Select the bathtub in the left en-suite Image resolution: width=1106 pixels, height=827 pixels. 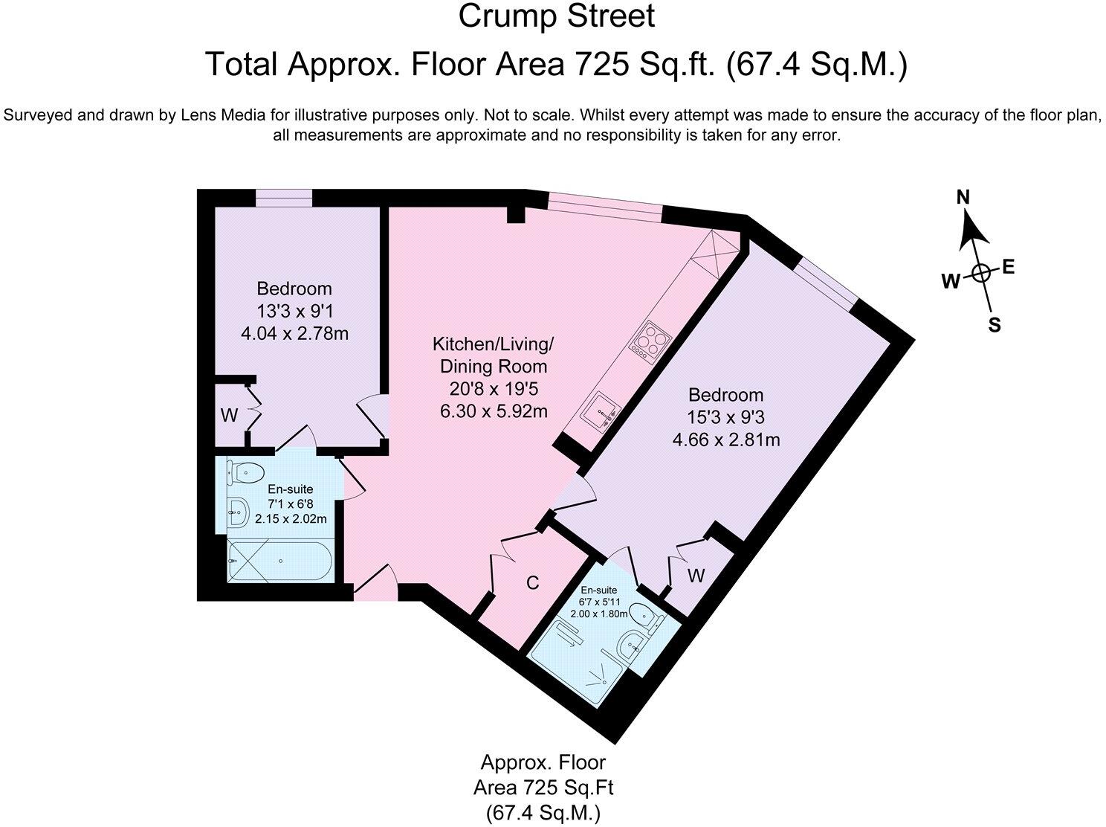pos(279,561)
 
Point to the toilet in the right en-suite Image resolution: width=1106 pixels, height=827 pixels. pos(650,617)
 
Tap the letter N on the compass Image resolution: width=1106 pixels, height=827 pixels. pos(963,197)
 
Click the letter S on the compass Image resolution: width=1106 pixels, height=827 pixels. pos(995,326)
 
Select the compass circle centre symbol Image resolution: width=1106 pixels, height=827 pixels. pos(980,274)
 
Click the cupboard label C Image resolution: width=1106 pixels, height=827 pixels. pos(533,583)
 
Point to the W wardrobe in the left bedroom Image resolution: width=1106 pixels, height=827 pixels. pos(229,415)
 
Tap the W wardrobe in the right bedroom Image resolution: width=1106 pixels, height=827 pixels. pos(696,576)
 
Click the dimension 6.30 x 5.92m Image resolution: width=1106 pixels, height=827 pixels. pos(494,411)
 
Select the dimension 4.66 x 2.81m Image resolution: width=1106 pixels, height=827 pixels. pos(726,440)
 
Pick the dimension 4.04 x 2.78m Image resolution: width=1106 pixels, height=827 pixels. pos(295,334)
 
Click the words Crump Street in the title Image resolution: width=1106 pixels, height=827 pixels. pos(556,16)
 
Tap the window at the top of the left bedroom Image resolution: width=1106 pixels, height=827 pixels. pos(284,198)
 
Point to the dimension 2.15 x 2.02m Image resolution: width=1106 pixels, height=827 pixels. pos(291,518)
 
